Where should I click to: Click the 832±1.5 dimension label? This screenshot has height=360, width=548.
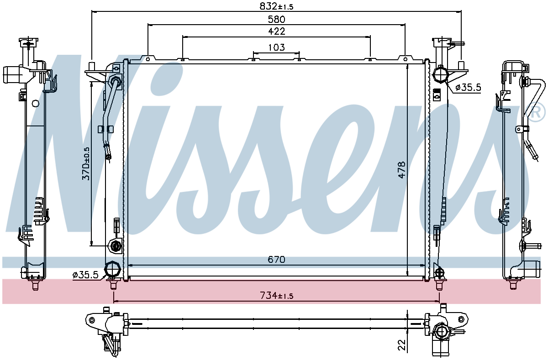pos(276,6)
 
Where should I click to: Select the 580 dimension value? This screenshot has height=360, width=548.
pos(276,19)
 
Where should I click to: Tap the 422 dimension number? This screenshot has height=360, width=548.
pos(277,31)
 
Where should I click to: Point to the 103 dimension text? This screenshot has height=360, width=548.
pos(276,47)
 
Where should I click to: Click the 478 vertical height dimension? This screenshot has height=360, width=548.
pos(402,169)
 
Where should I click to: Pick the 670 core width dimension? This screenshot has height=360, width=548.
pos(276,259)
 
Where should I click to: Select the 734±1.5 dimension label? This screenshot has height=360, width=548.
pos(276,296)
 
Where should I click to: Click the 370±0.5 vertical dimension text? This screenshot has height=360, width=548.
pos(86,163)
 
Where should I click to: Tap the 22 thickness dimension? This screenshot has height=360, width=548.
pos(402,345)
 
